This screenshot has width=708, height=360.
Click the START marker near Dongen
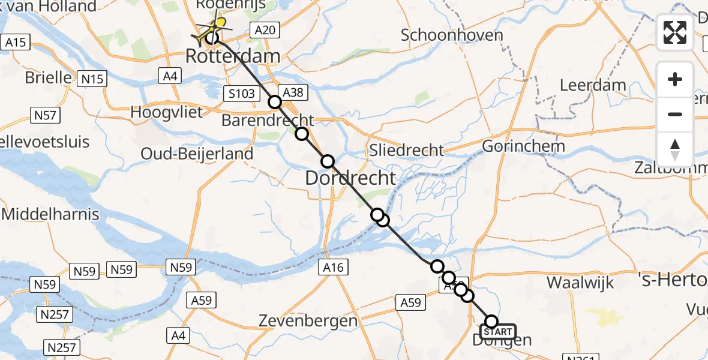coord(497,332)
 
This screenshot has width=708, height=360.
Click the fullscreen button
coord(675,32)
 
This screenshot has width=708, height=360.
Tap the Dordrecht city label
coord(350,178)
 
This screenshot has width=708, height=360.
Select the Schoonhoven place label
coord(452,35)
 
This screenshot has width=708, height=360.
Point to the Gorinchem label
coord(523,146)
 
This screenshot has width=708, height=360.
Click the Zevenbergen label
coord(308,321)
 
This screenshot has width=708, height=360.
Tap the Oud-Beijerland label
coord(197,154)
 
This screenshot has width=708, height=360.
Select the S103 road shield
coord(242,93)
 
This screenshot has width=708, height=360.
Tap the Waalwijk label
coord(580,281)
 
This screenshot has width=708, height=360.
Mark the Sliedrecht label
coord(407,150)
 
